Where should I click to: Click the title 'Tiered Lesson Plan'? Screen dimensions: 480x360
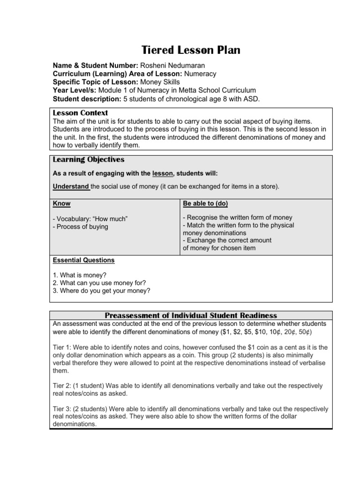point(190,51)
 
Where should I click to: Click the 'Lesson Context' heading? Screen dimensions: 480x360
point(80,113)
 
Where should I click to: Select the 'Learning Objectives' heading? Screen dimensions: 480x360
point(89,160)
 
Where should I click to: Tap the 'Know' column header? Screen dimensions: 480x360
point(61,204)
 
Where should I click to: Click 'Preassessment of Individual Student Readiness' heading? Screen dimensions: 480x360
point(191,315)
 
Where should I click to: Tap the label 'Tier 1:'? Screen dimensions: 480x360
point(63,347)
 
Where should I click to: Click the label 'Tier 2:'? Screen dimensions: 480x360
point(63,386)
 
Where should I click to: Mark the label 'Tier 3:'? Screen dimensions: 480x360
point(63,409)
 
